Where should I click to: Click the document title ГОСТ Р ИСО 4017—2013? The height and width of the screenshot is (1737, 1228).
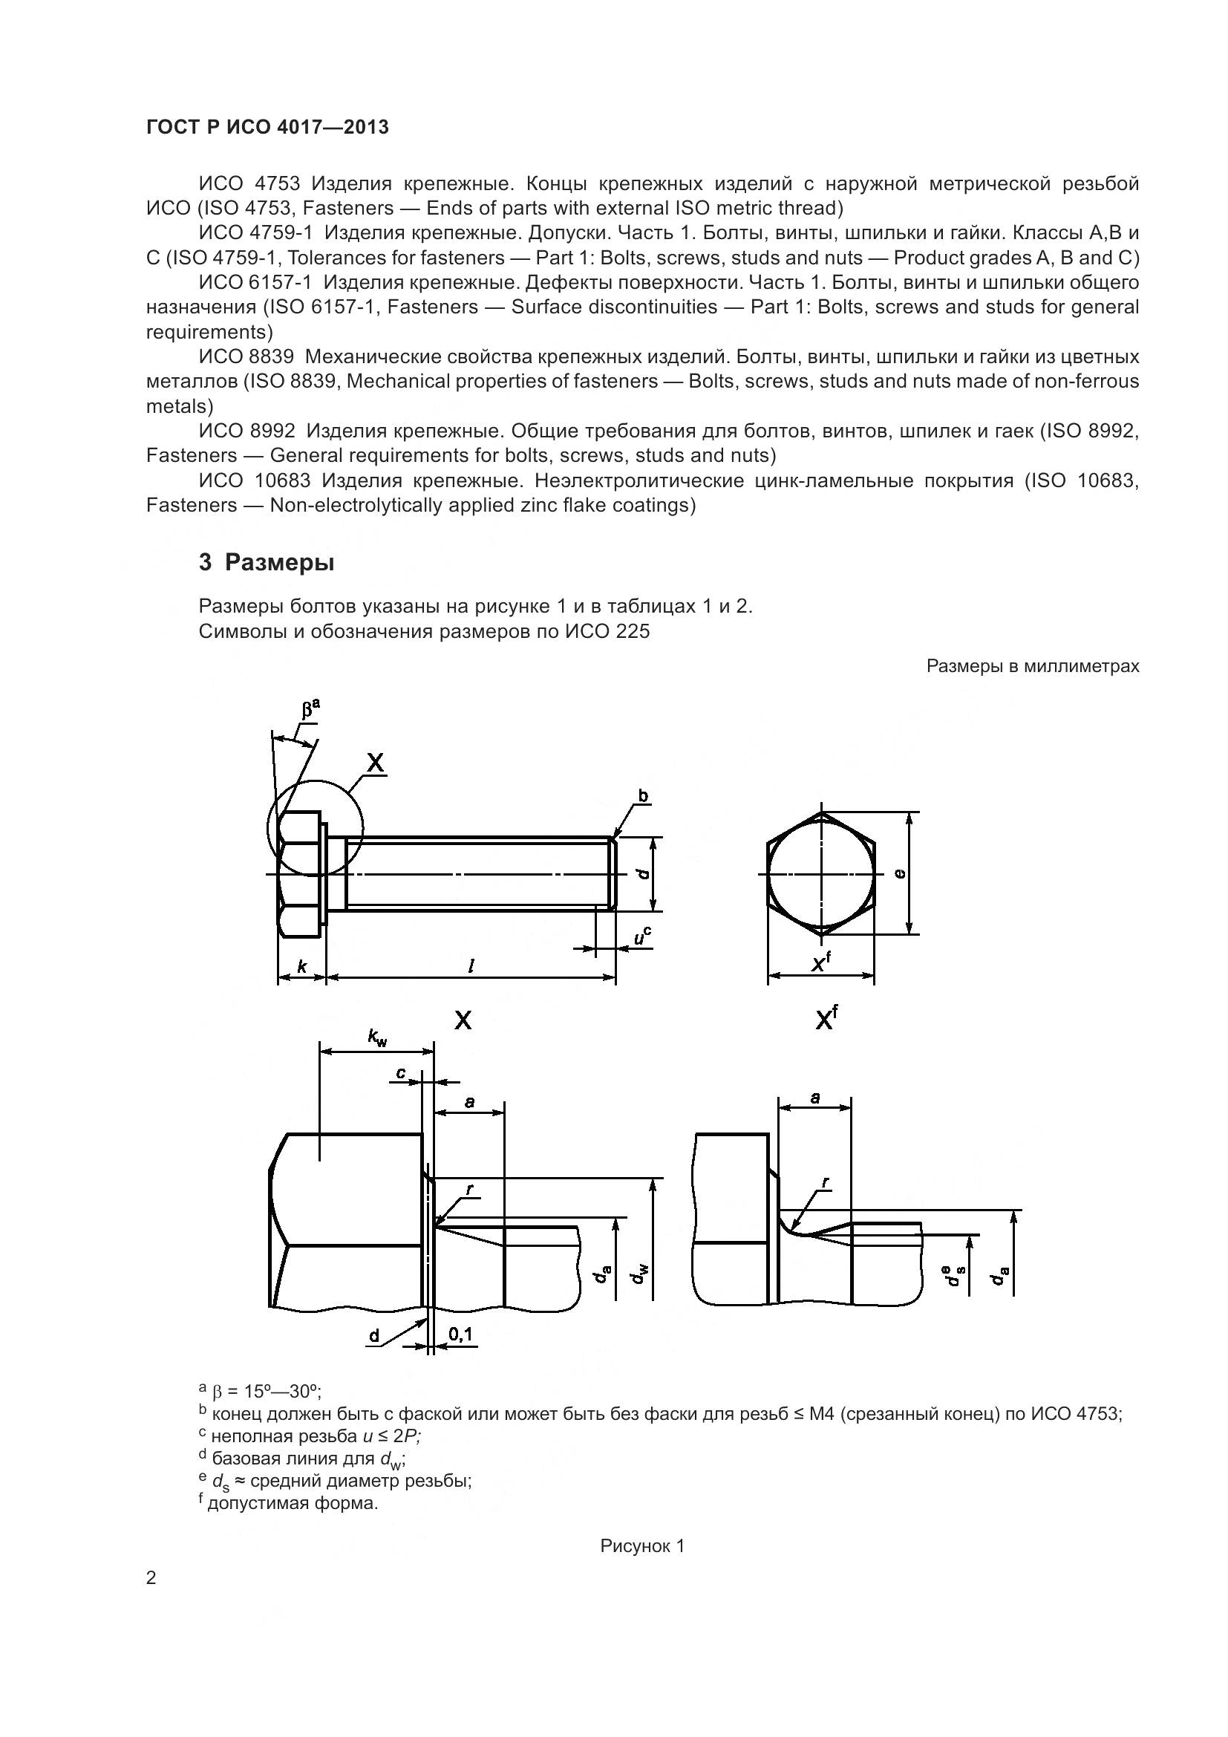267,127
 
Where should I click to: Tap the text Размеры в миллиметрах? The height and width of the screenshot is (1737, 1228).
1032,665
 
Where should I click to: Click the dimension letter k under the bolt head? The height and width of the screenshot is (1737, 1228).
301,966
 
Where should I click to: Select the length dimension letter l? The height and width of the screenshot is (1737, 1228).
471,966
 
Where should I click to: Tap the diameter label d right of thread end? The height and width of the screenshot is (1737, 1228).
644,873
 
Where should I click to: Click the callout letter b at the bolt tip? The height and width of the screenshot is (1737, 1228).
643,796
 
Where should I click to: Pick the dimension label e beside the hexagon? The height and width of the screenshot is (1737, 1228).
900,873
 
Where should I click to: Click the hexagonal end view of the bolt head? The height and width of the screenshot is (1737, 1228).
821,873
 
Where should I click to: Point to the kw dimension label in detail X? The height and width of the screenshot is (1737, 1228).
377,1038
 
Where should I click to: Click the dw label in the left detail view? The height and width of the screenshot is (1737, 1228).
641,1276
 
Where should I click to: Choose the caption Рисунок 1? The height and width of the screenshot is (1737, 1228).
642,1545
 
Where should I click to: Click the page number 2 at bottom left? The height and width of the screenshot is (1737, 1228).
151,1577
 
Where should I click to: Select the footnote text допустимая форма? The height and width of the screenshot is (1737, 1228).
292,1502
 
